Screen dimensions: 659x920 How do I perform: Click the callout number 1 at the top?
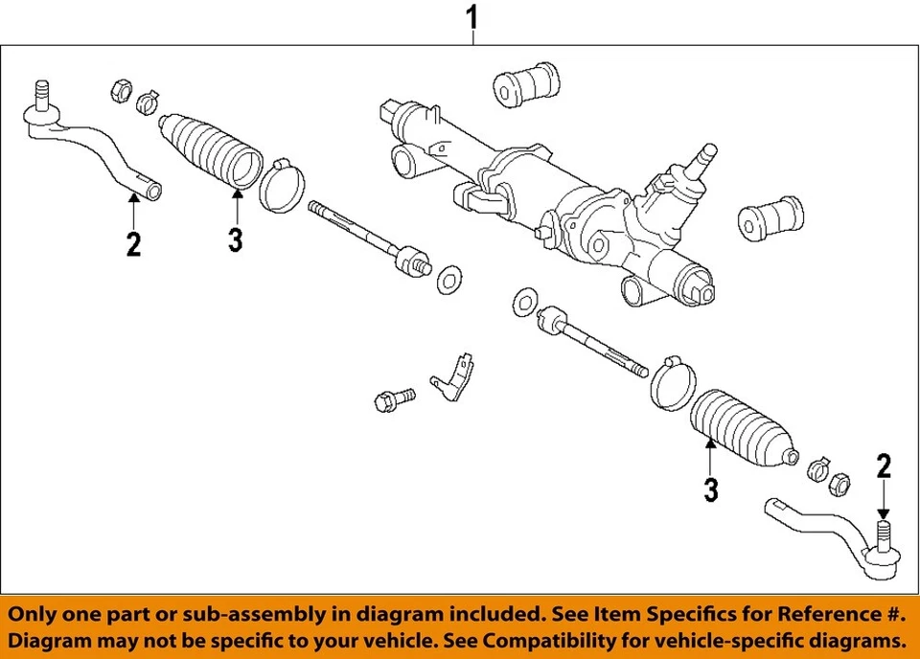click(x=471, y=16)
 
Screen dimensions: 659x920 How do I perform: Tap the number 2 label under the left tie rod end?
click(x=133, y=244)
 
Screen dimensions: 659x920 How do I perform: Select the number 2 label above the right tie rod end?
click(x=884, y=466)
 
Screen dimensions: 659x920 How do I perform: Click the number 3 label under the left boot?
click(x=236, y=239)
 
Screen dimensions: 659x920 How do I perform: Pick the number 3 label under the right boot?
click(x=710, y=490)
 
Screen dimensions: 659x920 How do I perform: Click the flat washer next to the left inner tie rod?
click(x=448, y=282)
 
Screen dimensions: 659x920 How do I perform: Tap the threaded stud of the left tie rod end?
click(x=41, y=93)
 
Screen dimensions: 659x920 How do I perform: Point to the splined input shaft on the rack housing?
click(x=706, y=154)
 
